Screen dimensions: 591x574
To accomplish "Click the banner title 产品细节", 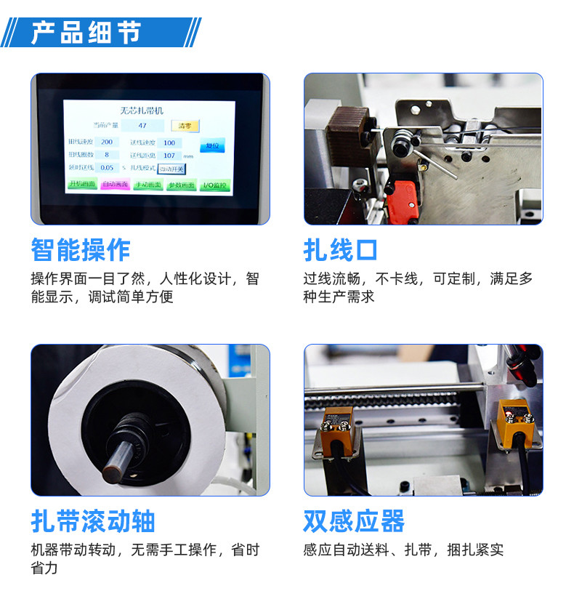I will coord(86,33).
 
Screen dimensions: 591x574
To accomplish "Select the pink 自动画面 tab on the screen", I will coord(115,185).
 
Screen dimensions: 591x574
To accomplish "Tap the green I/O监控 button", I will coord(214,185).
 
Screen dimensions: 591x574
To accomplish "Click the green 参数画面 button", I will coord(182,185).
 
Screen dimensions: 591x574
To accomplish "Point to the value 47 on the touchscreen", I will coord(142,126).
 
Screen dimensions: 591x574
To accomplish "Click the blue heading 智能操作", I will coord(81,250).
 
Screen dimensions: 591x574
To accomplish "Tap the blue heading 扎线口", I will coord(341,250).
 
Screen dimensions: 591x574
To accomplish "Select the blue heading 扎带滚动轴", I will coord(93,520).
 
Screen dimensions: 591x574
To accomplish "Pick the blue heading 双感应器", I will coord(354,520).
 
